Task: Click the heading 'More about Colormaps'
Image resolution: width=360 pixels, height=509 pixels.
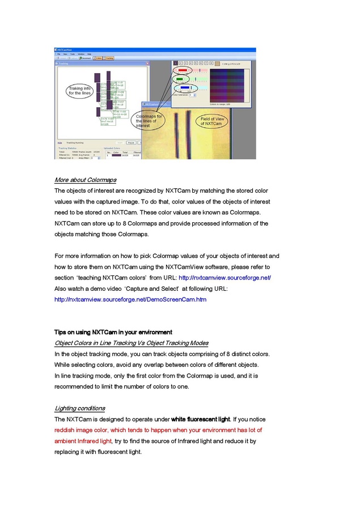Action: (85, 180)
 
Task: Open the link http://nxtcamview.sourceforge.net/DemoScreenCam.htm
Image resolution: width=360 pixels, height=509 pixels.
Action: (130, 299)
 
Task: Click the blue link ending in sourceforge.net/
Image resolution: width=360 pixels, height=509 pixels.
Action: (225, 277)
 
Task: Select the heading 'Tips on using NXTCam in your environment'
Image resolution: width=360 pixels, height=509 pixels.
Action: (113, 332)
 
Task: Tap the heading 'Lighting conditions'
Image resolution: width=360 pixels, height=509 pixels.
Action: (79, 408)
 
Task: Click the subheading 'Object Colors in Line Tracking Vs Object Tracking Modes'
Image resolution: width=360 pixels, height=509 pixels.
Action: (131, 343)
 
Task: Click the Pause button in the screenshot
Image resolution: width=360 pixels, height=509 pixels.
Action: (130, 143)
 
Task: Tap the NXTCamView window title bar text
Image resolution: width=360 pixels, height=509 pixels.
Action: (67, 49)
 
